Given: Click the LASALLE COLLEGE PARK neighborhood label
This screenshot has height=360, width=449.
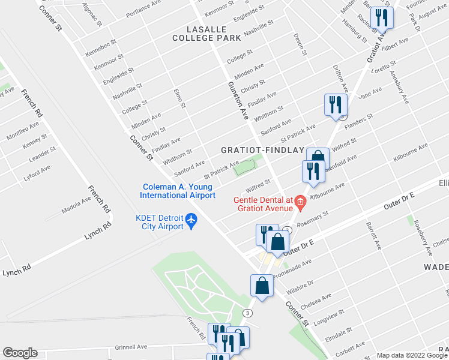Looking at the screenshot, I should [206, 33].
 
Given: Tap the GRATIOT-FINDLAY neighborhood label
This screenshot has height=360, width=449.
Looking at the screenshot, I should [262, 150].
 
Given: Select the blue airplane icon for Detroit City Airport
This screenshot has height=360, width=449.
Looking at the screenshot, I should [191, 221].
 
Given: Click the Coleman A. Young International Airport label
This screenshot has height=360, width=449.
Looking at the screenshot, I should [178, 191].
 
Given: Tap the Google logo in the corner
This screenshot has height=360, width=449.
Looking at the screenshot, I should [20, 353].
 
